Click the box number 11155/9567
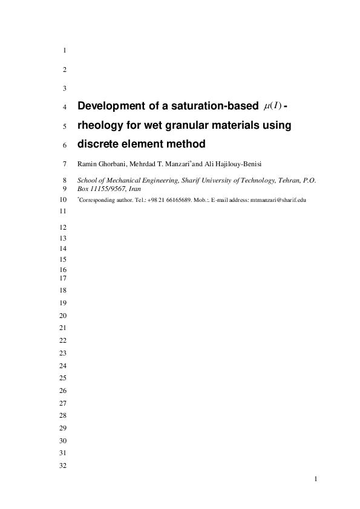pyautogui.click(x=106, y=189)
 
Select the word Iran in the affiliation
pyautogui.click(x=134, y=189)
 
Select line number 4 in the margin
pyautogui.click(x=64, y=108)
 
